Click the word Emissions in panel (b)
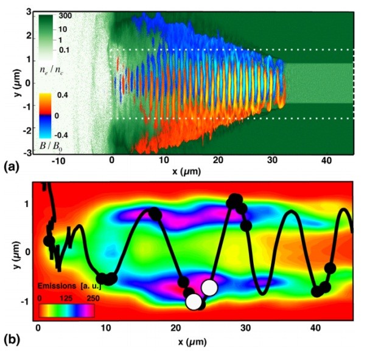(58, 284)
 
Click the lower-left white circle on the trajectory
(194, 302)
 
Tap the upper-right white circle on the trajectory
(209, 287)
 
